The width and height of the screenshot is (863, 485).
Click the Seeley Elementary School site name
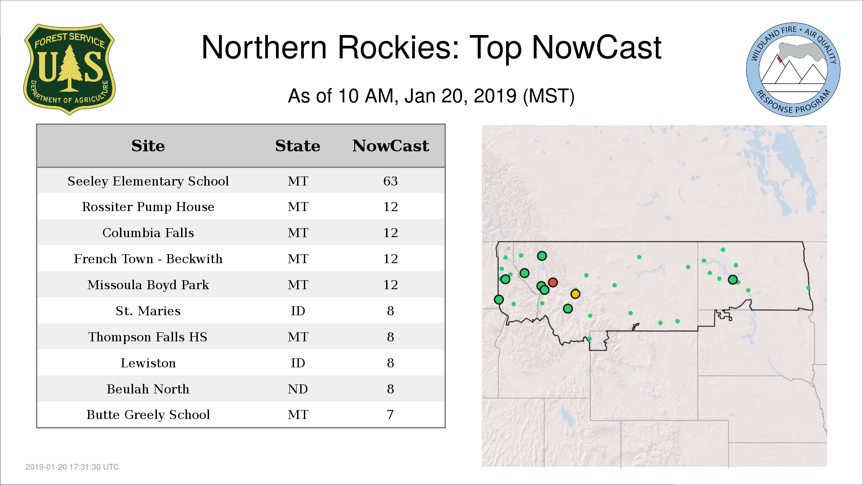(148, 181)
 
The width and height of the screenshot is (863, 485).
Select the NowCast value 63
(391, 181)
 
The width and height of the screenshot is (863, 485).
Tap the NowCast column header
(391, 146)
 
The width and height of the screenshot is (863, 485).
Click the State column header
(298, 146)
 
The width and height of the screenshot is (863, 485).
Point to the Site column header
(148, 146)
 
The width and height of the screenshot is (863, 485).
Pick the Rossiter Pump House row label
(148, 207)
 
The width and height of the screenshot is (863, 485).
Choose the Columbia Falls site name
(148, 233)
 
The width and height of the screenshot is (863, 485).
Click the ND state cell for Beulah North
(298, 389)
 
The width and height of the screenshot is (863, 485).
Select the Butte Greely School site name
(148, 415)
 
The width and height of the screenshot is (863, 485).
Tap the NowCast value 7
(391, 415)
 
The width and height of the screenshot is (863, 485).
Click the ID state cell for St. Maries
(298, 311)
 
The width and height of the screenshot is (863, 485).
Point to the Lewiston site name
(148, 363)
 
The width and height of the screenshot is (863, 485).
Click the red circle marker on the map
(553, 282)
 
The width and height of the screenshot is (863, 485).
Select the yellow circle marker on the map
(575, 294)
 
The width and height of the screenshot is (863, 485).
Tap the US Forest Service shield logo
(69, 69)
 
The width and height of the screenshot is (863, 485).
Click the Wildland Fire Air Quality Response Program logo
(793, 70)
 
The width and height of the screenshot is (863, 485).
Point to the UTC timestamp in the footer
(72, 467)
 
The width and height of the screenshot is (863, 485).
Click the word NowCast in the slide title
(596, 48)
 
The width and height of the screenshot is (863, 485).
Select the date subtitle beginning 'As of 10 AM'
(431, 96)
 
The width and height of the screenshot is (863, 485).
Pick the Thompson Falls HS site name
(148, 337)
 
